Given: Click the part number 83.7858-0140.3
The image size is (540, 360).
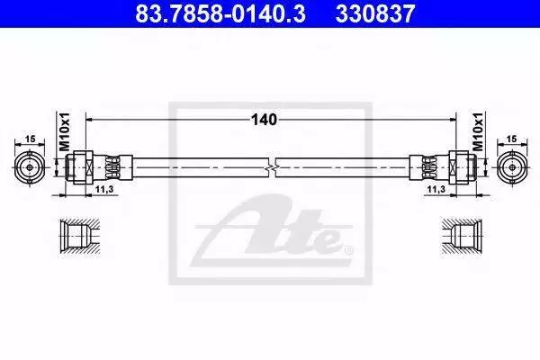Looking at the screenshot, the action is (220, 13).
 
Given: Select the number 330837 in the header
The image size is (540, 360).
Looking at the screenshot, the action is (375, 13).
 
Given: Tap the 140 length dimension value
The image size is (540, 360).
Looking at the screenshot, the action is (264, 120).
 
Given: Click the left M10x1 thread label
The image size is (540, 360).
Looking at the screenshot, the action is (65, 130).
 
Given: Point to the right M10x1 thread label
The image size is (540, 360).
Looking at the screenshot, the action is (478, 130).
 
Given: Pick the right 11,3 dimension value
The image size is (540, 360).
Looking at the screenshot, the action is (436, 189).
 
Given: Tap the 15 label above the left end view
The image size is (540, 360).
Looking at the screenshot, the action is (31, 139).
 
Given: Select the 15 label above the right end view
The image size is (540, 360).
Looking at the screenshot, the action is (512, 139).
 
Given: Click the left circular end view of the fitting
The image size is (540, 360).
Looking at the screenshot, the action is (30, 167).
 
